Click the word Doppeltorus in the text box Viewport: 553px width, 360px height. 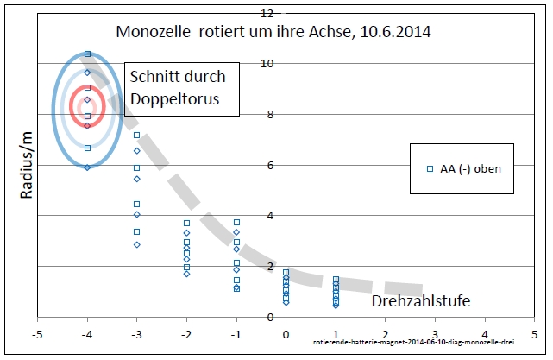tap(175, 99)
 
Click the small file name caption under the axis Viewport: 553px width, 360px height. tap(414, 342)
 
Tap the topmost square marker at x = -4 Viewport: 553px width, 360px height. tap(87, 54)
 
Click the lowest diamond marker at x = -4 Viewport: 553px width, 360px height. tap(87, 167)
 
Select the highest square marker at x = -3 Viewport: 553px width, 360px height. tap(136, 136)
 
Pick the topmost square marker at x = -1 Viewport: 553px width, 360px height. tap(236, 223)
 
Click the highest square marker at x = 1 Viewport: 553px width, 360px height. tap(336, 280)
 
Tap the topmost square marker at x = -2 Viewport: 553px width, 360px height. tap(186, 224)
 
